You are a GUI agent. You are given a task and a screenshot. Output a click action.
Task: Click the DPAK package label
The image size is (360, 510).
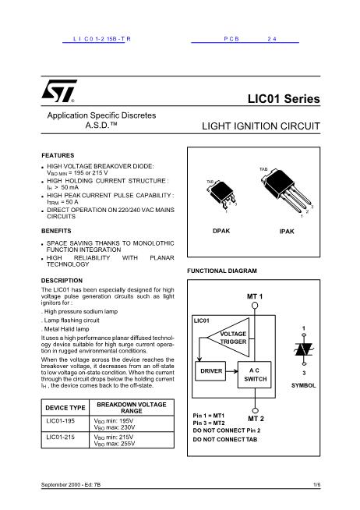pos(221,232)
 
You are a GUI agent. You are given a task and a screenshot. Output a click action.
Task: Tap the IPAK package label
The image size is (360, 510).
pos(287,232)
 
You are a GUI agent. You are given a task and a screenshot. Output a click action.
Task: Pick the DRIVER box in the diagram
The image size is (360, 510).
pos(212,370)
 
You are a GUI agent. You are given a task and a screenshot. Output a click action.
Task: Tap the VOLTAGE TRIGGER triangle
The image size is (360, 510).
pos(232,337)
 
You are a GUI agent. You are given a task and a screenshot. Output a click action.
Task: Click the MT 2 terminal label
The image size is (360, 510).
pos(256,419)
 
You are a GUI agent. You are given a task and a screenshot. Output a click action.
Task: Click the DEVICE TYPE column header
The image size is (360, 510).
pos(65,408)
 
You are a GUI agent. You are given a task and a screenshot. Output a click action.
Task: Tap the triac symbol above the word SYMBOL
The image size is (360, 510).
pos(304,349)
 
